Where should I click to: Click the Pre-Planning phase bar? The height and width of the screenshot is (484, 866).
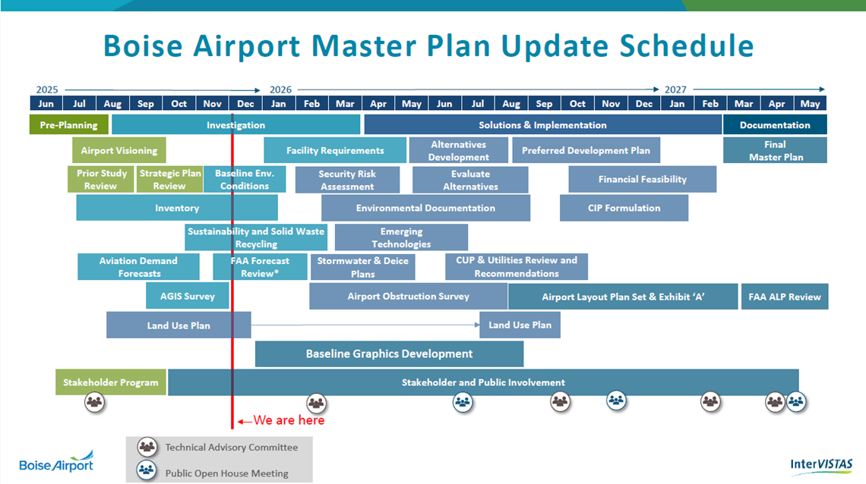[68, 125]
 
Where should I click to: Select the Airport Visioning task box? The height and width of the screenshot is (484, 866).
[119, 150]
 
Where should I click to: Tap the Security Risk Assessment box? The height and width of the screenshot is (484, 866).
[347, 180]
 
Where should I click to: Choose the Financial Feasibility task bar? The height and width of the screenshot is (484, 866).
[643, 179]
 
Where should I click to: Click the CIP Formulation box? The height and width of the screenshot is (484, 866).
[624, 208]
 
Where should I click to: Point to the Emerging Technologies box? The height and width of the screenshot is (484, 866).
[402, 237]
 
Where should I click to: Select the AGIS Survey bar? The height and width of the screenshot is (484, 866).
[187, 296]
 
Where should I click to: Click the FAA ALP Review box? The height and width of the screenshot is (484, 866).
[784, 297]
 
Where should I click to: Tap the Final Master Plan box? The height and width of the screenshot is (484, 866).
[775, 150]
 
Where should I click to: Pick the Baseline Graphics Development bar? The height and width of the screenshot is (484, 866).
[390, 354]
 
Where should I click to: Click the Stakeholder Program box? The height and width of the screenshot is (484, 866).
[110, 382]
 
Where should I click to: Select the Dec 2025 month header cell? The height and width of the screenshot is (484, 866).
[245, 104]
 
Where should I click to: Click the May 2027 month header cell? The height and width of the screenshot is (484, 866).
[811, 104]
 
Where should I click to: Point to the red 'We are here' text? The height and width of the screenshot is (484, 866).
[289, 420]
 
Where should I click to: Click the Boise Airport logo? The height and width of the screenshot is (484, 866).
[56, 461]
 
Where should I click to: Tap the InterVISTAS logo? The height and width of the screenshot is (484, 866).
[821, 465]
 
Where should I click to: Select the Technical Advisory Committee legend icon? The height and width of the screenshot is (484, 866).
[147, 447]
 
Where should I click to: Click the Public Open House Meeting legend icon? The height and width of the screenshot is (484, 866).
[147, 470]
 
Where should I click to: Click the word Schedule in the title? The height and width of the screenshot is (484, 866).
[687, 46]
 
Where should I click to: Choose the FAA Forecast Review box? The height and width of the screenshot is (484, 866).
[260, 267]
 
